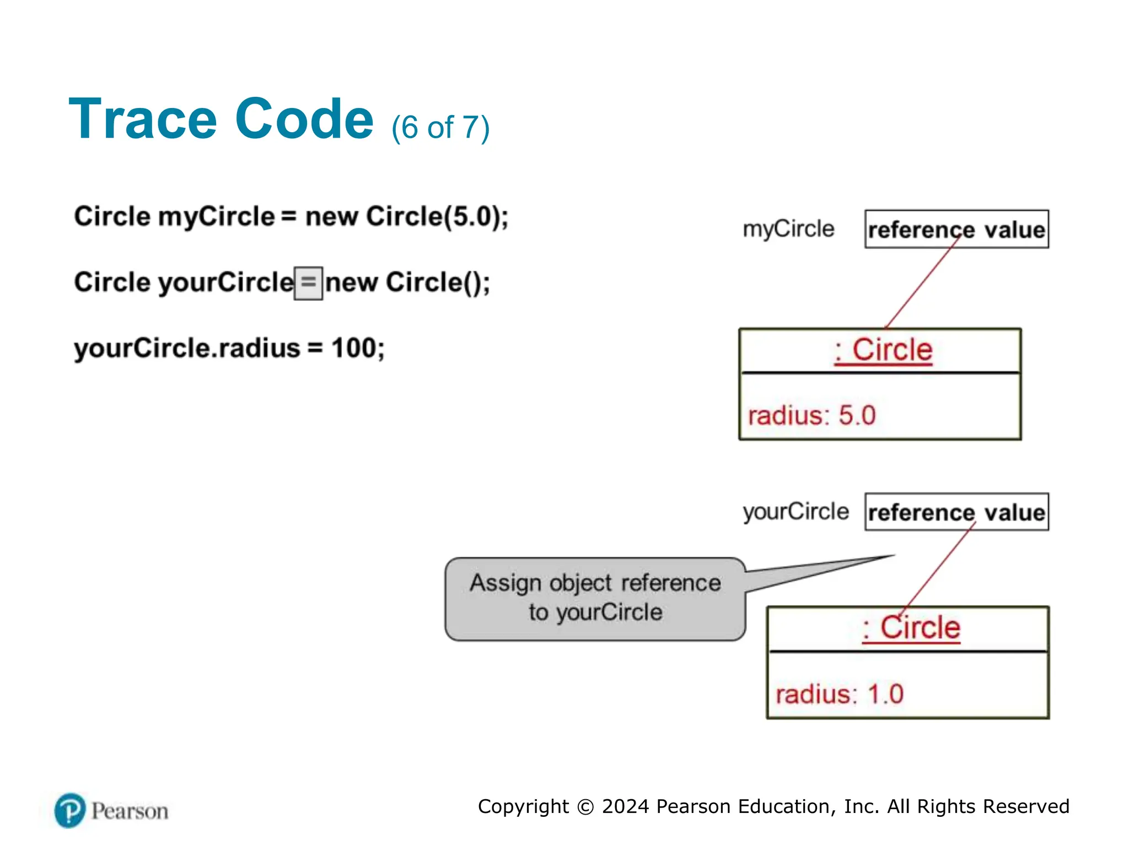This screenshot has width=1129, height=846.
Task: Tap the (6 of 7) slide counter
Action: (440, 128)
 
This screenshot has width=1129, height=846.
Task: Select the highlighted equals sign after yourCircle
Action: (308, 283)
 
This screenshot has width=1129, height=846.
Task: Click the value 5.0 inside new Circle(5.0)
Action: (472, 216)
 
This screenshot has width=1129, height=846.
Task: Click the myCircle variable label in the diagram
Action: (788, 229)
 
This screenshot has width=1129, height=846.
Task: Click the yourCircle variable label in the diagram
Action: (795, 512)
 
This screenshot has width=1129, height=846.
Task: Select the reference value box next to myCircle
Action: (956, 229)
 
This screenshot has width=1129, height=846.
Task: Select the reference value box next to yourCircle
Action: (956, 512)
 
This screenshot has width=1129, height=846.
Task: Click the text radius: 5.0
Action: (811, 415)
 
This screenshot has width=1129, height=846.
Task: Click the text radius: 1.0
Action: (839, 694)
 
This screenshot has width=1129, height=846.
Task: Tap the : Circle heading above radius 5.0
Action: (883, 350)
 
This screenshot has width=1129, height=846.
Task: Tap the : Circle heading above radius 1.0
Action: (911, 628)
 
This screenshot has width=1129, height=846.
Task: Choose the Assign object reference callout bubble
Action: (595, 599)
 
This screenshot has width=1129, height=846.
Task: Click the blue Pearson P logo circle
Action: (70, 810)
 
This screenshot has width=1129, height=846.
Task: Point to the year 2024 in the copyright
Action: (625, 806)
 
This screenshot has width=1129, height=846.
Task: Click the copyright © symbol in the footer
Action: (585, 807)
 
